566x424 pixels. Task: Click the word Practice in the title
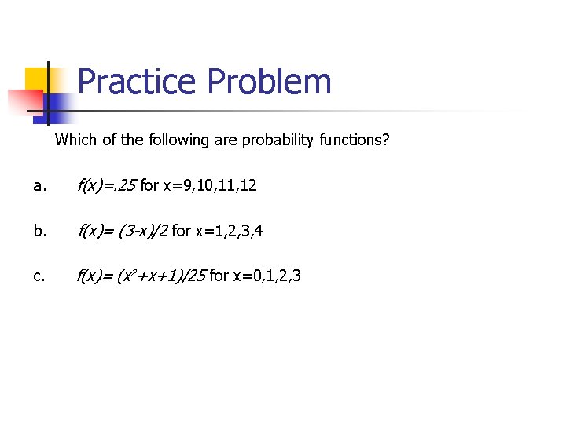(x=138, y=82)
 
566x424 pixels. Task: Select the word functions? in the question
(x=355, y=141)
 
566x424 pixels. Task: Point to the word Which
(x=75, y=141)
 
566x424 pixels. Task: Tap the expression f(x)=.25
(x=105, y=186)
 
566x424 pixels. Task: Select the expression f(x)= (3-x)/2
(x=122, y=231)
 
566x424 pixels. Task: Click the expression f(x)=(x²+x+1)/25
(x=141, y=276)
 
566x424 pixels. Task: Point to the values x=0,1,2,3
(x=266, y=276)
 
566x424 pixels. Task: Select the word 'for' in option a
(x=149, y=186)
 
